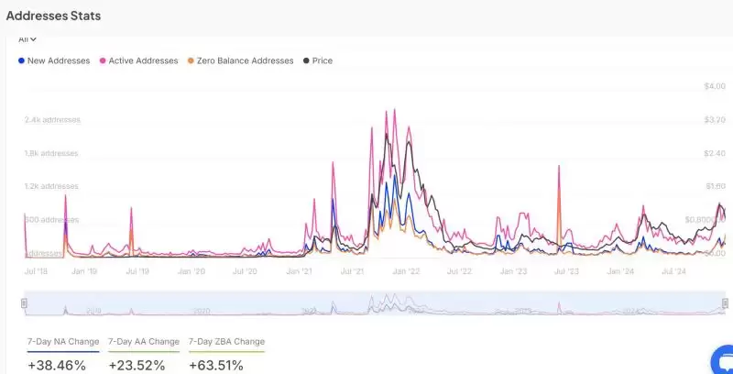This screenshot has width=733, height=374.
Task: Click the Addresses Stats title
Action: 53,16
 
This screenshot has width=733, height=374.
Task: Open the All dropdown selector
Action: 27,39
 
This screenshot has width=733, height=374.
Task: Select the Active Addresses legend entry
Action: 139,60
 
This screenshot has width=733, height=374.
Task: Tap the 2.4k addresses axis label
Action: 52,120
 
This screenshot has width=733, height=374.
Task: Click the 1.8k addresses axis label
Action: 51,153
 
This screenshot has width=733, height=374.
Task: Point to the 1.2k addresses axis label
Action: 51,187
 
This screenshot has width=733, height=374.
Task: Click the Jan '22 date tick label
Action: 406,271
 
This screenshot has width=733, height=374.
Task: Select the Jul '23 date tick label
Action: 567,271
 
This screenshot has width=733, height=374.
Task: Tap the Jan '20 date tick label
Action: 191,271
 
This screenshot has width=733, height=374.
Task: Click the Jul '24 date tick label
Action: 674,271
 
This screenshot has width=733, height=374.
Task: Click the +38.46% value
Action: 57,365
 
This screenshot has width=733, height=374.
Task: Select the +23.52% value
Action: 137,365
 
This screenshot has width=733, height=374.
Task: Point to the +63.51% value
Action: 216,365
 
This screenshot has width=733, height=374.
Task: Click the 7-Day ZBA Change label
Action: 226,342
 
